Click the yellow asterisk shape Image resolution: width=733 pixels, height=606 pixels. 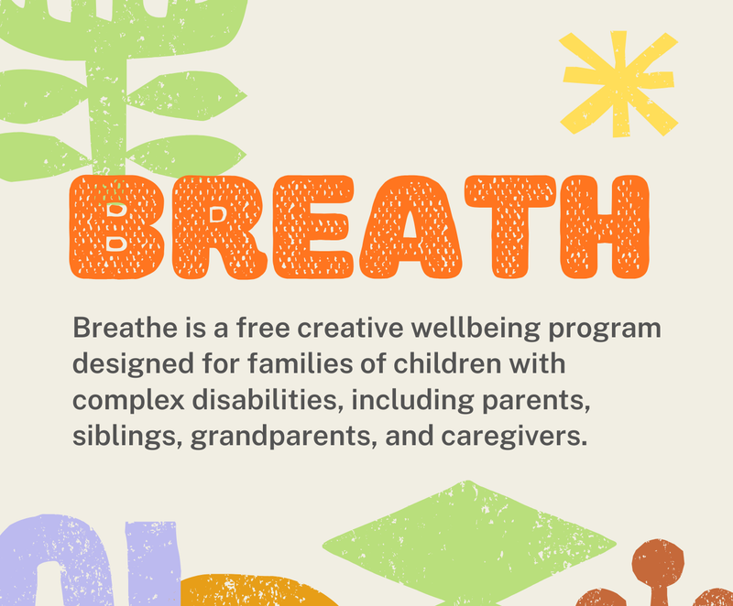(x=618, y=84)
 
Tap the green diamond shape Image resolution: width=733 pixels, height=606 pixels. (x=469, y=544)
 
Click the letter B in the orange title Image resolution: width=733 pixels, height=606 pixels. (x=117, y=227)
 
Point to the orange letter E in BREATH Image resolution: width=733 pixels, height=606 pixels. (x=313, y=227)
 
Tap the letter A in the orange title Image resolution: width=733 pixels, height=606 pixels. (x=410, y=227)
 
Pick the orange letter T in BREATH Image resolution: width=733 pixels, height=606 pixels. (x=510, y=227)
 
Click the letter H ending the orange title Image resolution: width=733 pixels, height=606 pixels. (x=605, y=227)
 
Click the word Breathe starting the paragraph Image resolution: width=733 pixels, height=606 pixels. (x=126, y=328)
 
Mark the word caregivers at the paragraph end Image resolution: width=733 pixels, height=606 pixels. (x=514, y=438)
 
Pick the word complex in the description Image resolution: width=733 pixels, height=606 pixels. (x=128, y=402)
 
